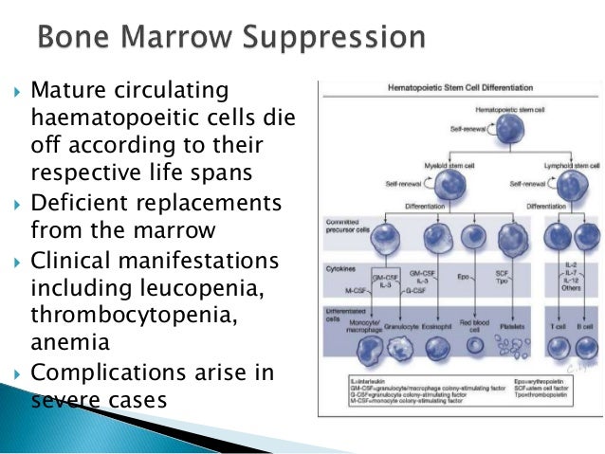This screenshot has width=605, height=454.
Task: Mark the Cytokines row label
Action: point(337,269)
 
